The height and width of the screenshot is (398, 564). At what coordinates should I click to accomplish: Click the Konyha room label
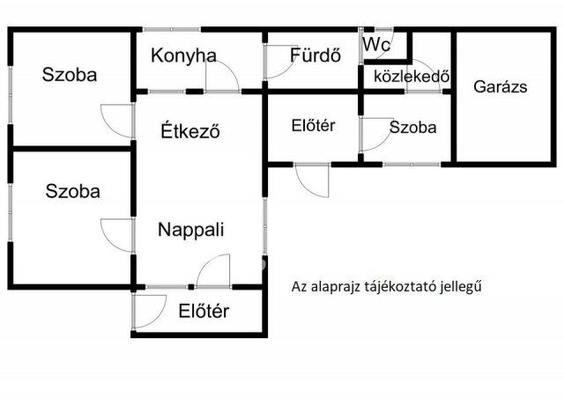[x=183, y=55]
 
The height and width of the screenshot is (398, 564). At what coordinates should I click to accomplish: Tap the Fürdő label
[x=315, y=55]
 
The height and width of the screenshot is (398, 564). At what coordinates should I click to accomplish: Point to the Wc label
[x=375, y=44]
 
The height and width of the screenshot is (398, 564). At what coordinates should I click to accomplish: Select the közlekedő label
[x=407, y=75]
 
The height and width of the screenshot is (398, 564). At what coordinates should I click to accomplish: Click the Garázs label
[x=500, y=86]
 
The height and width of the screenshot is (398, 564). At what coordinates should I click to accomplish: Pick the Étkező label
[x=190, y=132]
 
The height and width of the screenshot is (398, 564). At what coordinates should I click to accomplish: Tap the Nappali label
[x=190, y=230]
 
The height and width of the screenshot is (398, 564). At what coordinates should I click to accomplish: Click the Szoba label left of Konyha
[x=69, y=74]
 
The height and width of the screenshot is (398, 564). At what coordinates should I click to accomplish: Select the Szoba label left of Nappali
[x=73, y=190]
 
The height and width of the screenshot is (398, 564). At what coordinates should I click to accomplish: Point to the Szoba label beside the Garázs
[x=412, y=127]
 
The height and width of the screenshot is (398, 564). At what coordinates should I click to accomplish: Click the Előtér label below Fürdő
[x=312, y=125]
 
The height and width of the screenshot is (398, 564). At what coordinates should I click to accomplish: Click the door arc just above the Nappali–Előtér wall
[x=213, y=269]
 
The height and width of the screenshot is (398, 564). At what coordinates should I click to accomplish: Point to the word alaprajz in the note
[x=332, y=286]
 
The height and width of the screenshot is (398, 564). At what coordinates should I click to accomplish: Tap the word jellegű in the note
[x=464, y=286]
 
